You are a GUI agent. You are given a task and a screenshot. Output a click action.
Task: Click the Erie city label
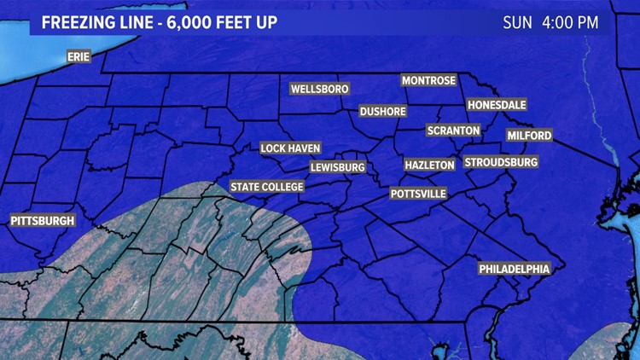click(79, 57)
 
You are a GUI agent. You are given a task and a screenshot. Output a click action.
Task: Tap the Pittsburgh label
click(43, 221)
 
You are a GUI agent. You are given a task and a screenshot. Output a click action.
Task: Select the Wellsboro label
click(319, 89)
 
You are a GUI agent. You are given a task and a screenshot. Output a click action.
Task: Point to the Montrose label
click(429, 80)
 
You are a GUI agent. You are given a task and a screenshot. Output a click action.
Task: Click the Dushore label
click(382, 112)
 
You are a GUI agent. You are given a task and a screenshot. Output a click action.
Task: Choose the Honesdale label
click(497, 105)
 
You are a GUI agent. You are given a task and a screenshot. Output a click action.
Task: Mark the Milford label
click(529, 136)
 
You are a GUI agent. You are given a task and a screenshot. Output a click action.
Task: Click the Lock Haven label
click(290, 148)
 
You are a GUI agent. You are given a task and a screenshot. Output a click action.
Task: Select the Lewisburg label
click(338, 167)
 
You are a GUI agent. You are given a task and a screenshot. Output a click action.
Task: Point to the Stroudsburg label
click(501, 162)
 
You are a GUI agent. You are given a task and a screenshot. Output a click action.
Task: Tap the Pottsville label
click(418, 194)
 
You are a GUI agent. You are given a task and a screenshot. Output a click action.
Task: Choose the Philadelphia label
click(514, 269)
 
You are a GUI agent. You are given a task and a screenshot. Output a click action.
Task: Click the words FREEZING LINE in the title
click(92, 22)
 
